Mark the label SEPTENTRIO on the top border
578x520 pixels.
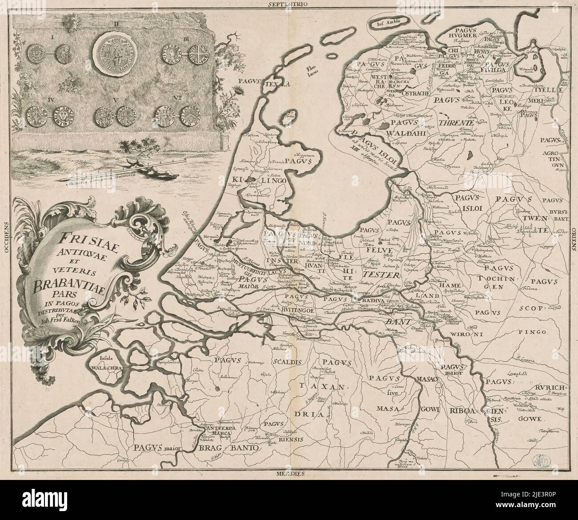point(288,5)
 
